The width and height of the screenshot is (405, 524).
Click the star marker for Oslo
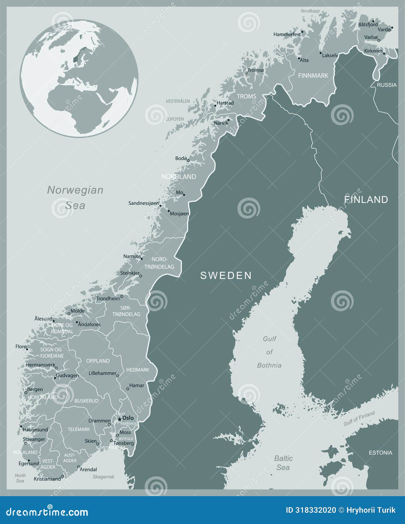click(x=119, y=419)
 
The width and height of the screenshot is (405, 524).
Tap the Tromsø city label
click(x=256, y=70)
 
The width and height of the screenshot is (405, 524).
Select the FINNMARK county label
click(x=313, y=76)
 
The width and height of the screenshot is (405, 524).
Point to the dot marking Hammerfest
click(x=302, y=32)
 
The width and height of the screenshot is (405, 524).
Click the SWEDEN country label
click(x=226, y=275)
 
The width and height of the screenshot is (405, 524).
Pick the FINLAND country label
click(x=366, y=199)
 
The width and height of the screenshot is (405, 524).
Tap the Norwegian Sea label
click(x=75, y=197)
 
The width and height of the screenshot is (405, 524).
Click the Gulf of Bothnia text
click(x=269, y=352)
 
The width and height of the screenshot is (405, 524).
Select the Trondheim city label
click(x=108, y=299)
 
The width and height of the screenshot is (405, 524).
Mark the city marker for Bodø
click(x=188, y=161)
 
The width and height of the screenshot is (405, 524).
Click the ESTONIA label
click(x=380, y=453)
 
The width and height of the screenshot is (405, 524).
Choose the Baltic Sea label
click(x=283, y=463)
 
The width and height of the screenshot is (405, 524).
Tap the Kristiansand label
click(x=47, y=479)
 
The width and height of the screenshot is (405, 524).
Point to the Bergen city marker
click(x=26, y=393)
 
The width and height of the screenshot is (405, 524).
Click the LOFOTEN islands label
click(x=175, y=119)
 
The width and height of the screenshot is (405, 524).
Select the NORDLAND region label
click(x=178, y=177)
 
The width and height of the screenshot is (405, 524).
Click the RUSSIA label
click(x=387, y=85)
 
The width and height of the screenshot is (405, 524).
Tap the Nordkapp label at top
click(x=310, y=11)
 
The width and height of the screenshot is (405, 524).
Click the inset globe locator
click(x=79, y=78)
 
